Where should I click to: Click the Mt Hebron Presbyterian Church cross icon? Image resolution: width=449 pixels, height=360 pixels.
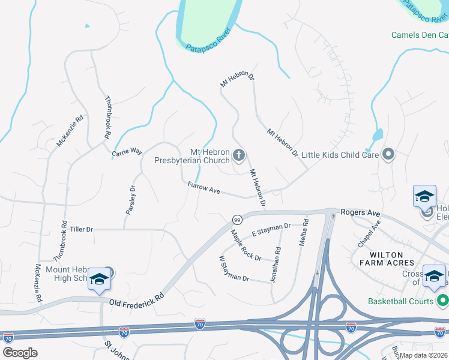[x=239, y=156]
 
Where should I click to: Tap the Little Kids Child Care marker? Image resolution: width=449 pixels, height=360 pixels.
[x=388, y=155]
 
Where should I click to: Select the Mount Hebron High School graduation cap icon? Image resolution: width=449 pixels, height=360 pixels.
[x=98, y=279]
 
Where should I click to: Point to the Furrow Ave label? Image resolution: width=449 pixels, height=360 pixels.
[x=204, y=188]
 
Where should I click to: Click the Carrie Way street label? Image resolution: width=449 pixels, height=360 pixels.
[x=127, y=152]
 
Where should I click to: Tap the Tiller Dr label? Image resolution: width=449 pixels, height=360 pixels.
[x=82, y=229]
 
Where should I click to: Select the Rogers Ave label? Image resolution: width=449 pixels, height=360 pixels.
[x=361, y=212]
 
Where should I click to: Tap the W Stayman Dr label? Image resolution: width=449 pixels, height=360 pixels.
[x=234, y=269]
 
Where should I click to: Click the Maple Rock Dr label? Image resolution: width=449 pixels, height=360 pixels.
[x=246, y=245]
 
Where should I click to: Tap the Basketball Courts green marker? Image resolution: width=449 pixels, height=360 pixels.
[x=443, y=299]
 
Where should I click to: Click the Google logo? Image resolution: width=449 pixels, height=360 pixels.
[x=20, y=353]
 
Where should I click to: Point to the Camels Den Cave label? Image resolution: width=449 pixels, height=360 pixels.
[x=420, y=35]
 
